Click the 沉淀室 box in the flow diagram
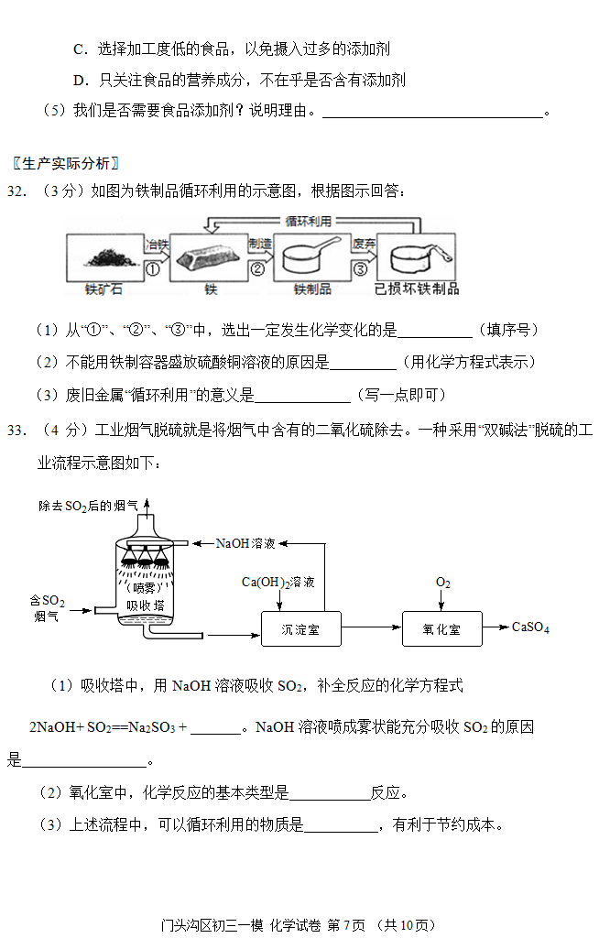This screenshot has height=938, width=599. coord(301,628)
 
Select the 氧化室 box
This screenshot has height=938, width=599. coord(441,628)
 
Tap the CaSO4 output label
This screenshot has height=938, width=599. coord(530,627)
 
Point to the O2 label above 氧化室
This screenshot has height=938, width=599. coord(442,583)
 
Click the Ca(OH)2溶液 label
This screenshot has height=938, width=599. coord(278,582)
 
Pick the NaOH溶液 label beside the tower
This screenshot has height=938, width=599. coord(245,543)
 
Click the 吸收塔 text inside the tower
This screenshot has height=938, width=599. coord(145,605)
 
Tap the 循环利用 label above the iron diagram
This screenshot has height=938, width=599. coord(308,222)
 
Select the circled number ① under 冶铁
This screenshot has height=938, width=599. coord(153,269)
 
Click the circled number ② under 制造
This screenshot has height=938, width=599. coord(256,269)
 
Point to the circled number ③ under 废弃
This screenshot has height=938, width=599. coord(360,269)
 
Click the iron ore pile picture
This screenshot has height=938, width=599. coord(112,257)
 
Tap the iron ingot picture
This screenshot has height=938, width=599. coord(206,258)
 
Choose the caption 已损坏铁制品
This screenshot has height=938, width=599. coord(417,289)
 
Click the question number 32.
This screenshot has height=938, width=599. coord(16,191)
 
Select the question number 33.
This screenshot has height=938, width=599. coord(16,431)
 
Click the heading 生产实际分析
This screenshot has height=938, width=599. coord(66,163)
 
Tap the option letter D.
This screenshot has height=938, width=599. coord(80,81)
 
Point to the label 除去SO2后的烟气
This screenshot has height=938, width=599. coord(89,506)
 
